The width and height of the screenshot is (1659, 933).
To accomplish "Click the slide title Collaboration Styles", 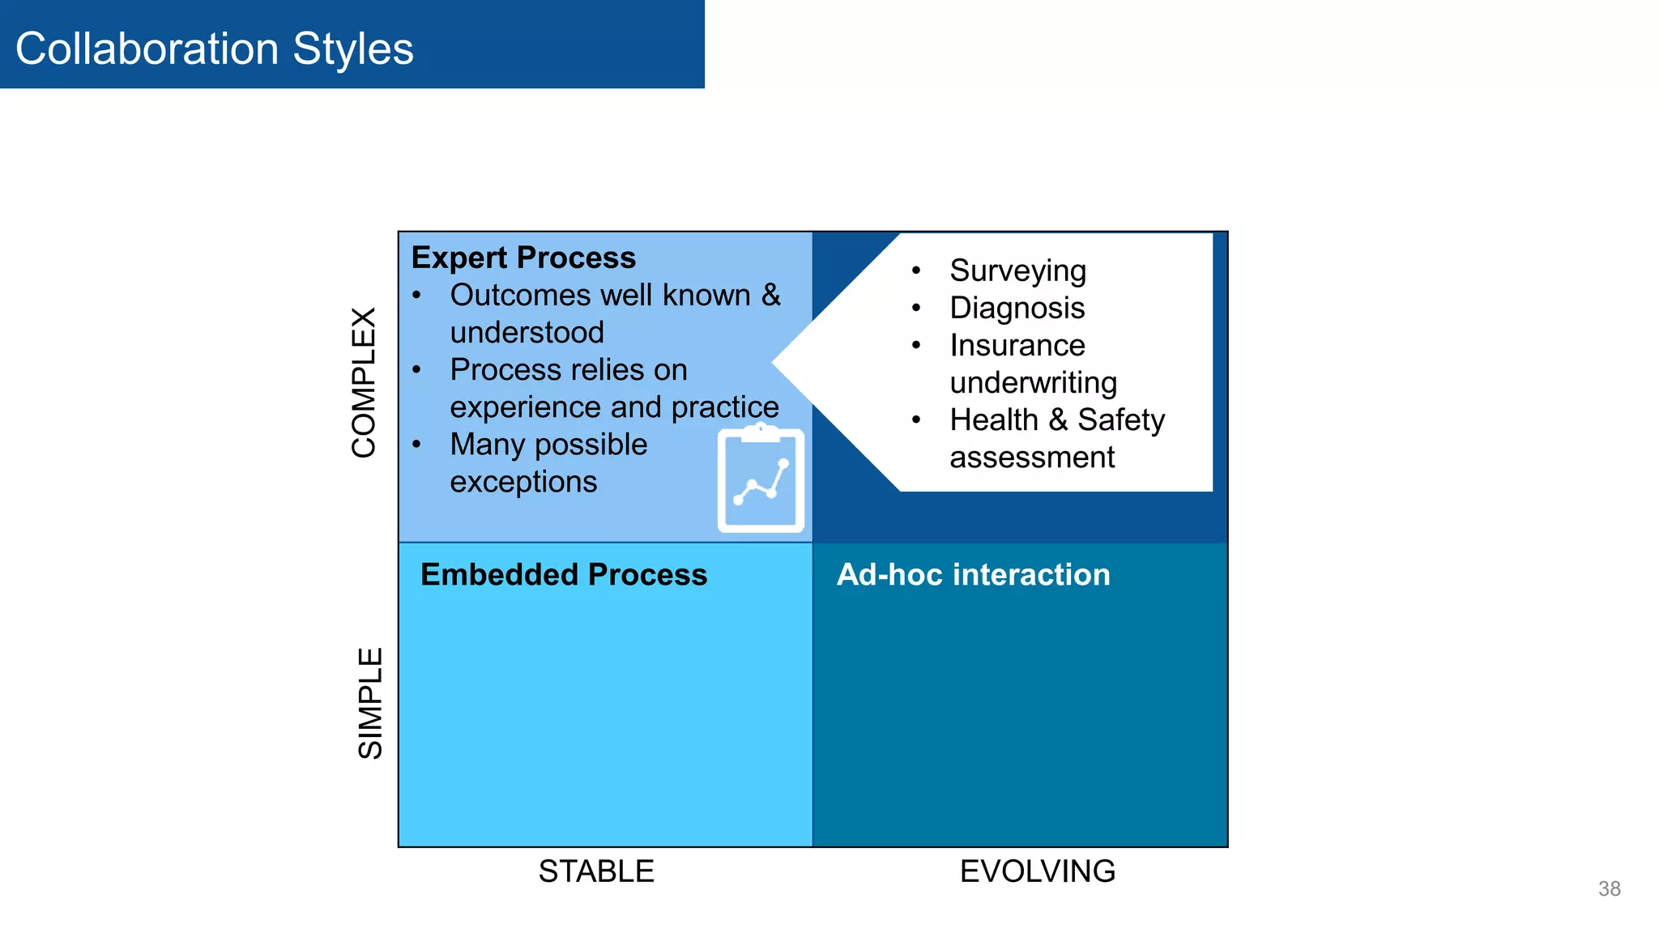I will (x=214, y=49).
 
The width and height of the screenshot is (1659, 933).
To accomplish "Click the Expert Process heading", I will (x=523, y=258).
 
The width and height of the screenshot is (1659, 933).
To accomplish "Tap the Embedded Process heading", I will (x=564, y=574).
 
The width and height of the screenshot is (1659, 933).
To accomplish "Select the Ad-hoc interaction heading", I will (x=973, y=574).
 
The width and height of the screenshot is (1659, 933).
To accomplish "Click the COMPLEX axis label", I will (x=365, y=382).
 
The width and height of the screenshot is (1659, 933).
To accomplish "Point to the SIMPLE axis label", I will (x=370, y=702).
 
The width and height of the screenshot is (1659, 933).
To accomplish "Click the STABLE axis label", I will (x=596, y=871).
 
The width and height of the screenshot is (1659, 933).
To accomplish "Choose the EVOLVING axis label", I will (x=1037, y=871).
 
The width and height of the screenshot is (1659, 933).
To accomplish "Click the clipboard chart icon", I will (x=761, y=479).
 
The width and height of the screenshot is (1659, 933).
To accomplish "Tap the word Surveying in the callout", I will (x=1017, y=271).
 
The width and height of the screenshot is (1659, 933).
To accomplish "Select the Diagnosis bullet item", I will (x=1017, y=309).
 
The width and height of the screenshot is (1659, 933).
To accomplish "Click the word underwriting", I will (x=1033, y=383).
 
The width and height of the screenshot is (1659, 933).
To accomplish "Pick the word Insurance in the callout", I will (x=1017, y=346).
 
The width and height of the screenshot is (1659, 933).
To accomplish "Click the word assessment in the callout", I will (x=1032, y=458).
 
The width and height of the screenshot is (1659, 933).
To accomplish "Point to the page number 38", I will (x=1609, y=888).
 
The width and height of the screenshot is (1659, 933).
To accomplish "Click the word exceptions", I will (x=523, y=482).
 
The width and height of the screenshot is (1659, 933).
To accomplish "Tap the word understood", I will (x=527, y=333).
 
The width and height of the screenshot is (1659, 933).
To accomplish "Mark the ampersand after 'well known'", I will (x=770, y=296).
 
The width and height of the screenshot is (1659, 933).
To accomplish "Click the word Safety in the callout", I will (x=1120, y=420).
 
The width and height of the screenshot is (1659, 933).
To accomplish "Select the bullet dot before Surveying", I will (x=916, y=271).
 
